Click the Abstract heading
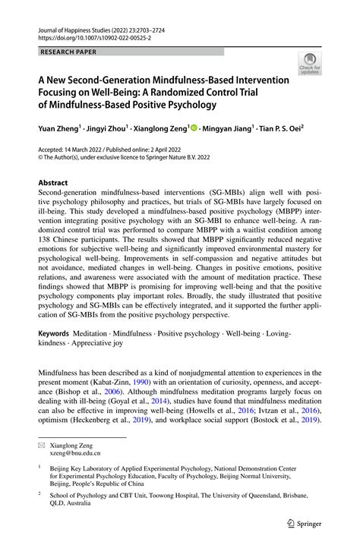tap(52, 183)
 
